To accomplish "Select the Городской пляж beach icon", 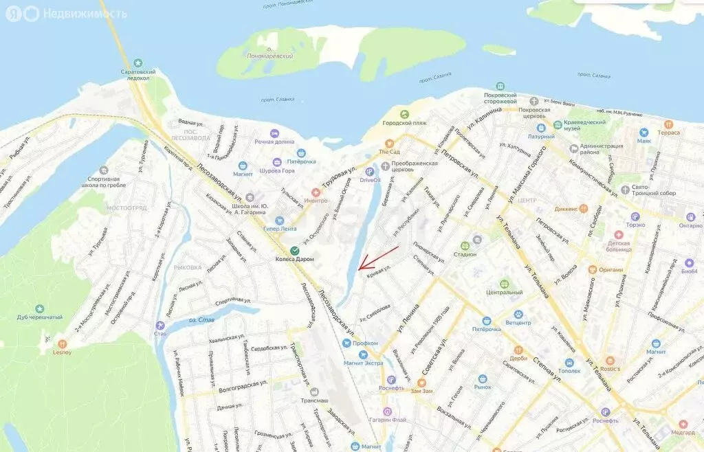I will tap(404, 115).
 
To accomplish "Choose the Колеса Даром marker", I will tap(294, 250).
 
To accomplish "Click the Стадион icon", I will tap(465, 245).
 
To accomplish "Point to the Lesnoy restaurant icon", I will tap(63, 343).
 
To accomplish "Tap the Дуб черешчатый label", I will tap(39, 317).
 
